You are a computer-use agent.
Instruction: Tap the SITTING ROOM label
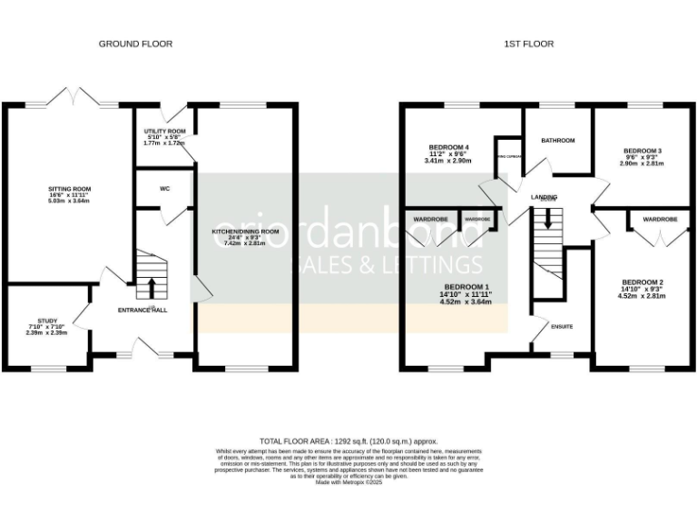point(70,189)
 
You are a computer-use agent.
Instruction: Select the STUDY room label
point(42,321)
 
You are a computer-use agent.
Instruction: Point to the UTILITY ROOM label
point(164,131)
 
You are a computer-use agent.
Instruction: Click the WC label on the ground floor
point(165,190)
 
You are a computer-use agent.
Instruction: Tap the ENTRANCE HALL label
point(142,310)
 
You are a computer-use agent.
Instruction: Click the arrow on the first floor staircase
point(546,221)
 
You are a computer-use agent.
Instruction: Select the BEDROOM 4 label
point(449,147)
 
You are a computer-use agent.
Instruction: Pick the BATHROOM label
point(558,141)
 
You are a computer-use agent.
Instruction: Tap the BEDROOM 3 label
point(642,151)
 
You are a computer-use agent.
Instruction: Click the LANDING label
point(545,196)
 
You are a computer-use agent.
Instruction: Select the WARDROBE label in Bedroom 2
point(660,220)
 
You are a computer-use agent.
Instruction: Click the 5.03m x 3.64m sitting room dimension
point(70,202)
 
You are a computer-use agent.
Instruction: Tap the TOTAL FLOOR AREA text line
point(348,438)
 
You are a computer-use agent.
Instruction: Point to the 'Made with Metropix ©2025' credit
point(348,481)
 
